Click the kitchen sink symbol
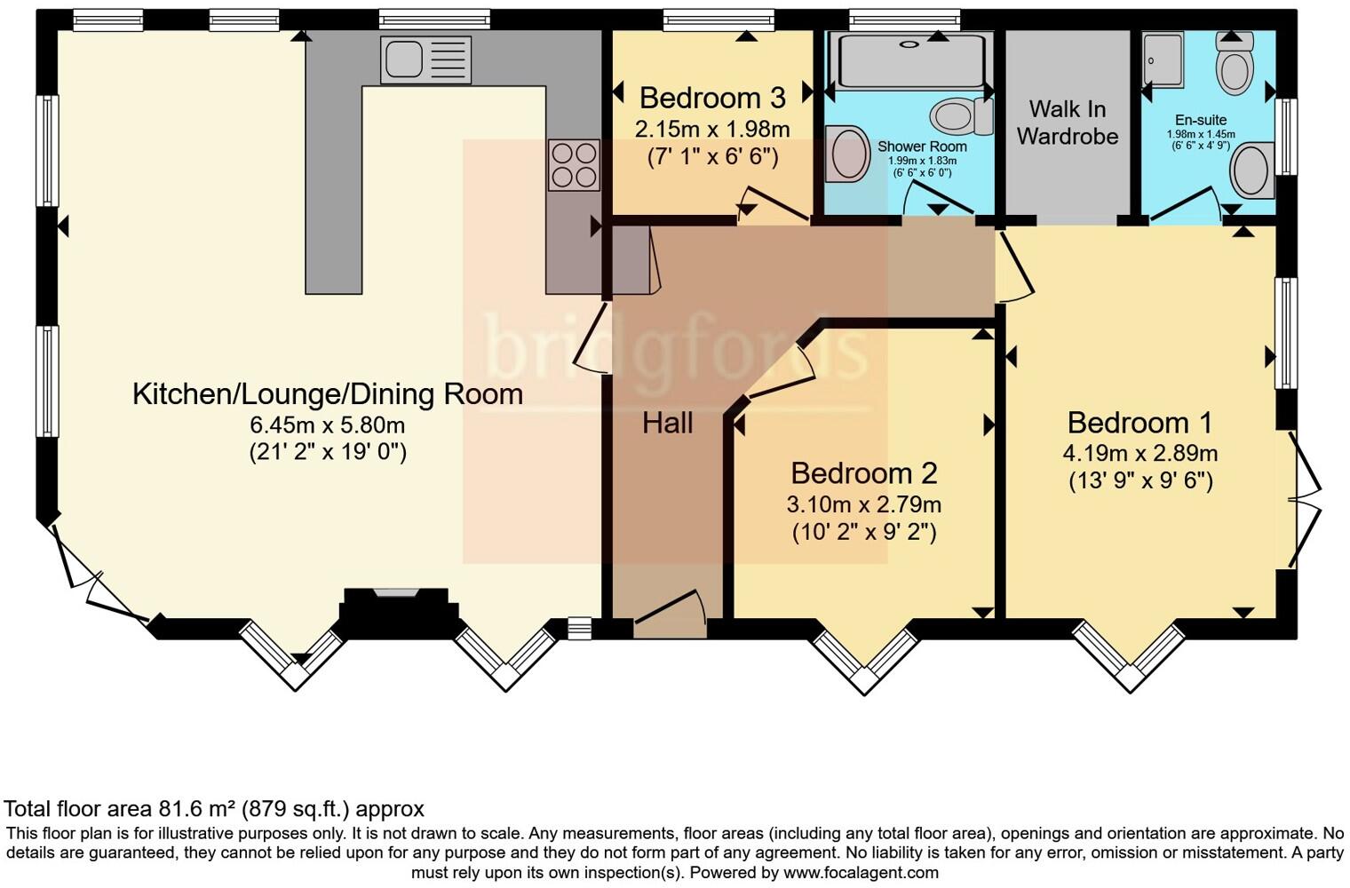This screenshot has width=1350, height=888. pos(425,60)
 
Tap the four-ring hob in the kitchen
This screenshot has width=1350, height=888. pos(573,165)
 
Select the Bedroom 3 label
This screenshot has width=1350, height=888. pos(712,97)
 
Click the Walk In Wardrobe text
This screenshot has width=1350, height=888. pos(1067,123)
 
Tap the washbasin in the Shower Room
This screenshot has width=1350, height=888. pos(846,154)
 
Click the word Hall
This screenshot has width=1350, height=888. pos(667,423)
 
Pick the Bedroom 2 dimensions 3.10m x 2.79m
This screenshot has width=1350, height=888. pos(863,504)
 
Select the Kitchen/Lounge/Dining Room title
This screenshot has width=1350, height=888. pos(327,393)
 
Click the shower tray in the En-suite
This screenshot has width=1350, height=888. pos(1163,59)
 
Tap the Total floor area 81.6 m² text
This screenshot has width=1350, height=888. pos(214,809)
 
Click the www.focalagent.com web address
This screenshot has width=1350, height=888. pos(861,872)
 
